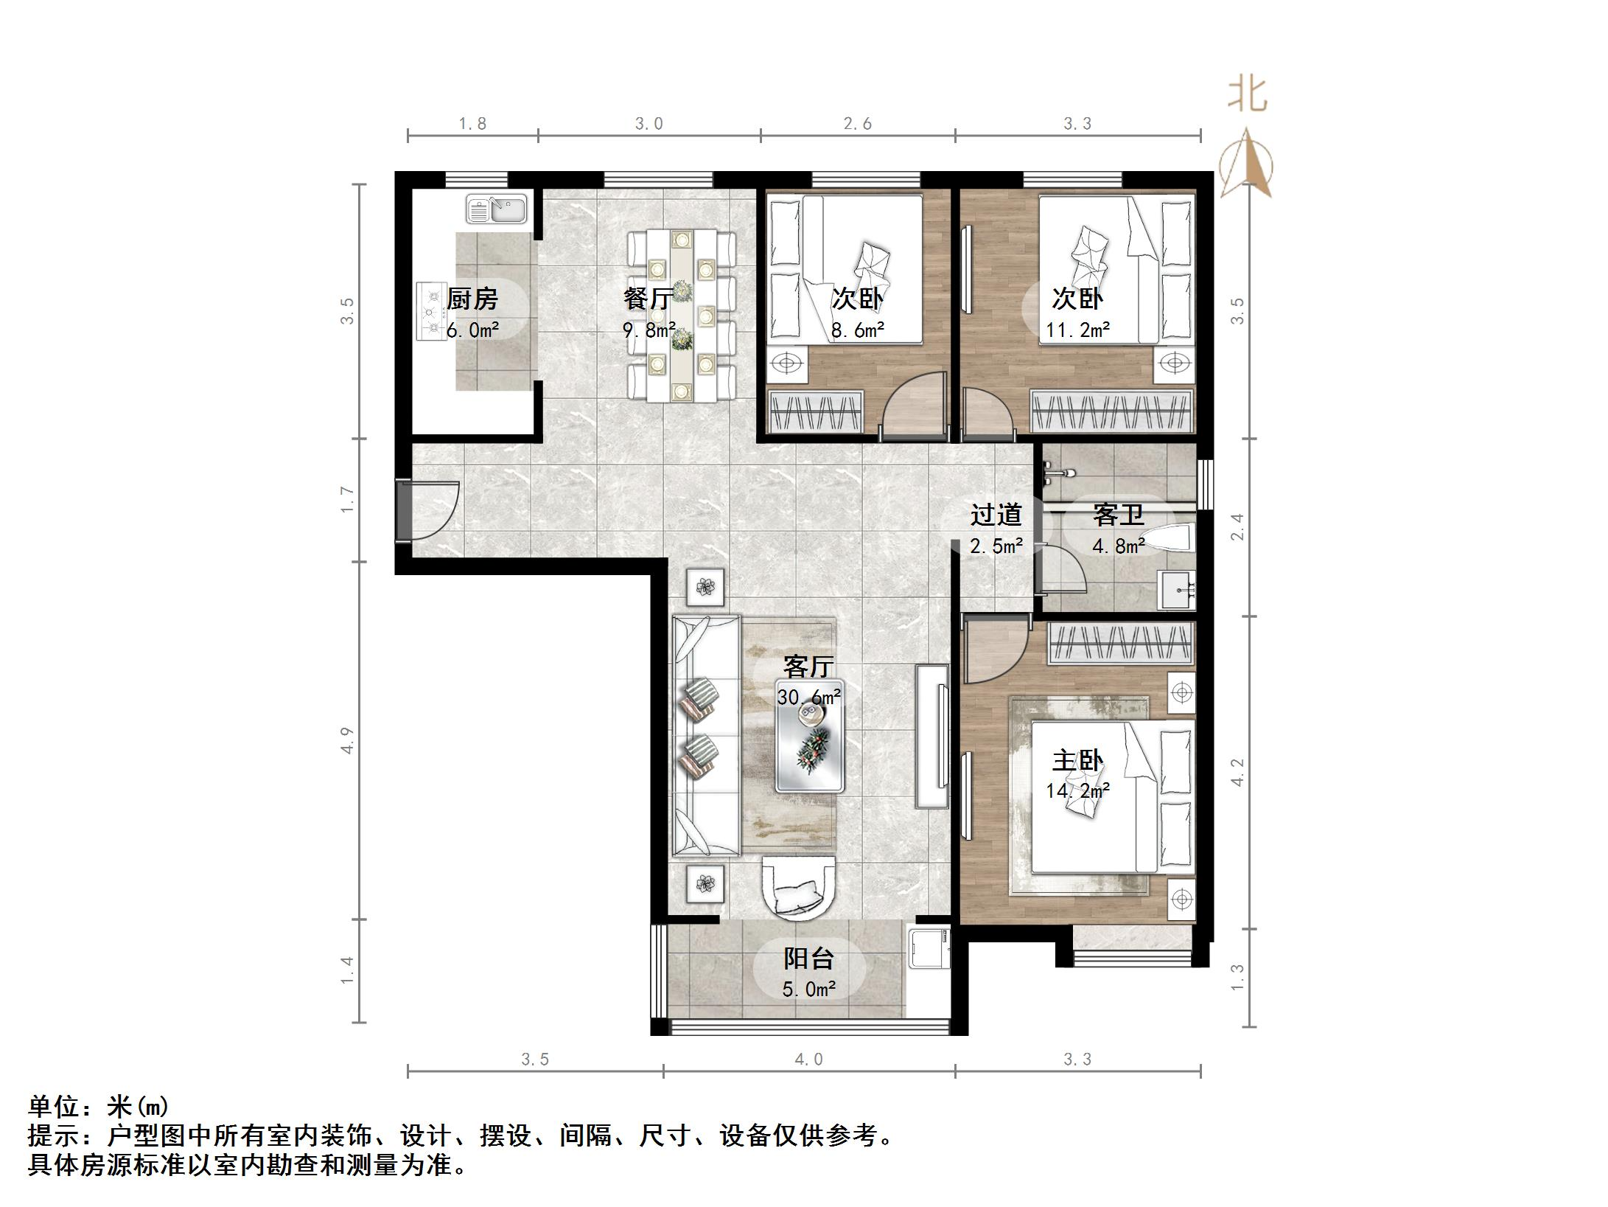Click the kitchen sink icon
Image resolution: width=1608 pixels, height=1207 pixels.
click(x=496, y=209)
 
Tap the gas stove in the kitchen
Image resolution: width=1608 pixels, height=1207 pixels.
click(x=430, y=311)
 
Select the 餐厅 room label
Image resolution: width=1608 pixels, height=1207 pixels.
click(x=648, y=299)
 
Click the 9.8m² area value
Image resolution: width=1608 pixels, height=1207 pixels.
click(x=649, y=330)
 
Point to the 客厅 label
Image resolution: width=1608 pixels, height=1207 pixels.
click(x=808, y=667)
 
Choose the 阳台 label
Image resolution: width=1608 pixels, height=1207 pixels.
click(x=808, y=959)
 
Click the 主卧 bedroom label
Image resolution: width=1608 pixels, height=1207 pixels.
click(x=1077, y=760)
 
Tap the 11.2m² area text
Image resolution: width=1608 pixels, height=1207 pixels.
click(x=1077, y=330)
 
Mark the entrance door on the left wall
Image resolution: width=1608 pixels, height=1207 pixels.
click(x=429, y=510)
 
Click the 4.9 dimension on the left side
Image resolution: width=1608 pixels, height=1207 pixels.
click(x=347, y=740)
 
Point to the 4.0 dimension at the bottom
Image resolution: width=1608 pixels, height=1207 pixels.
click(x=808, y=1060)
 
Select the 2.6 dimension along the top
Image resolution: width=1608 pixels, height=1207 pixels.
click(x=857, y=124)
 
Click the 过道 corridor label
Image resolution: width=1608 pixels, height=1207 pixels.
click(x=996, y=515)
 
